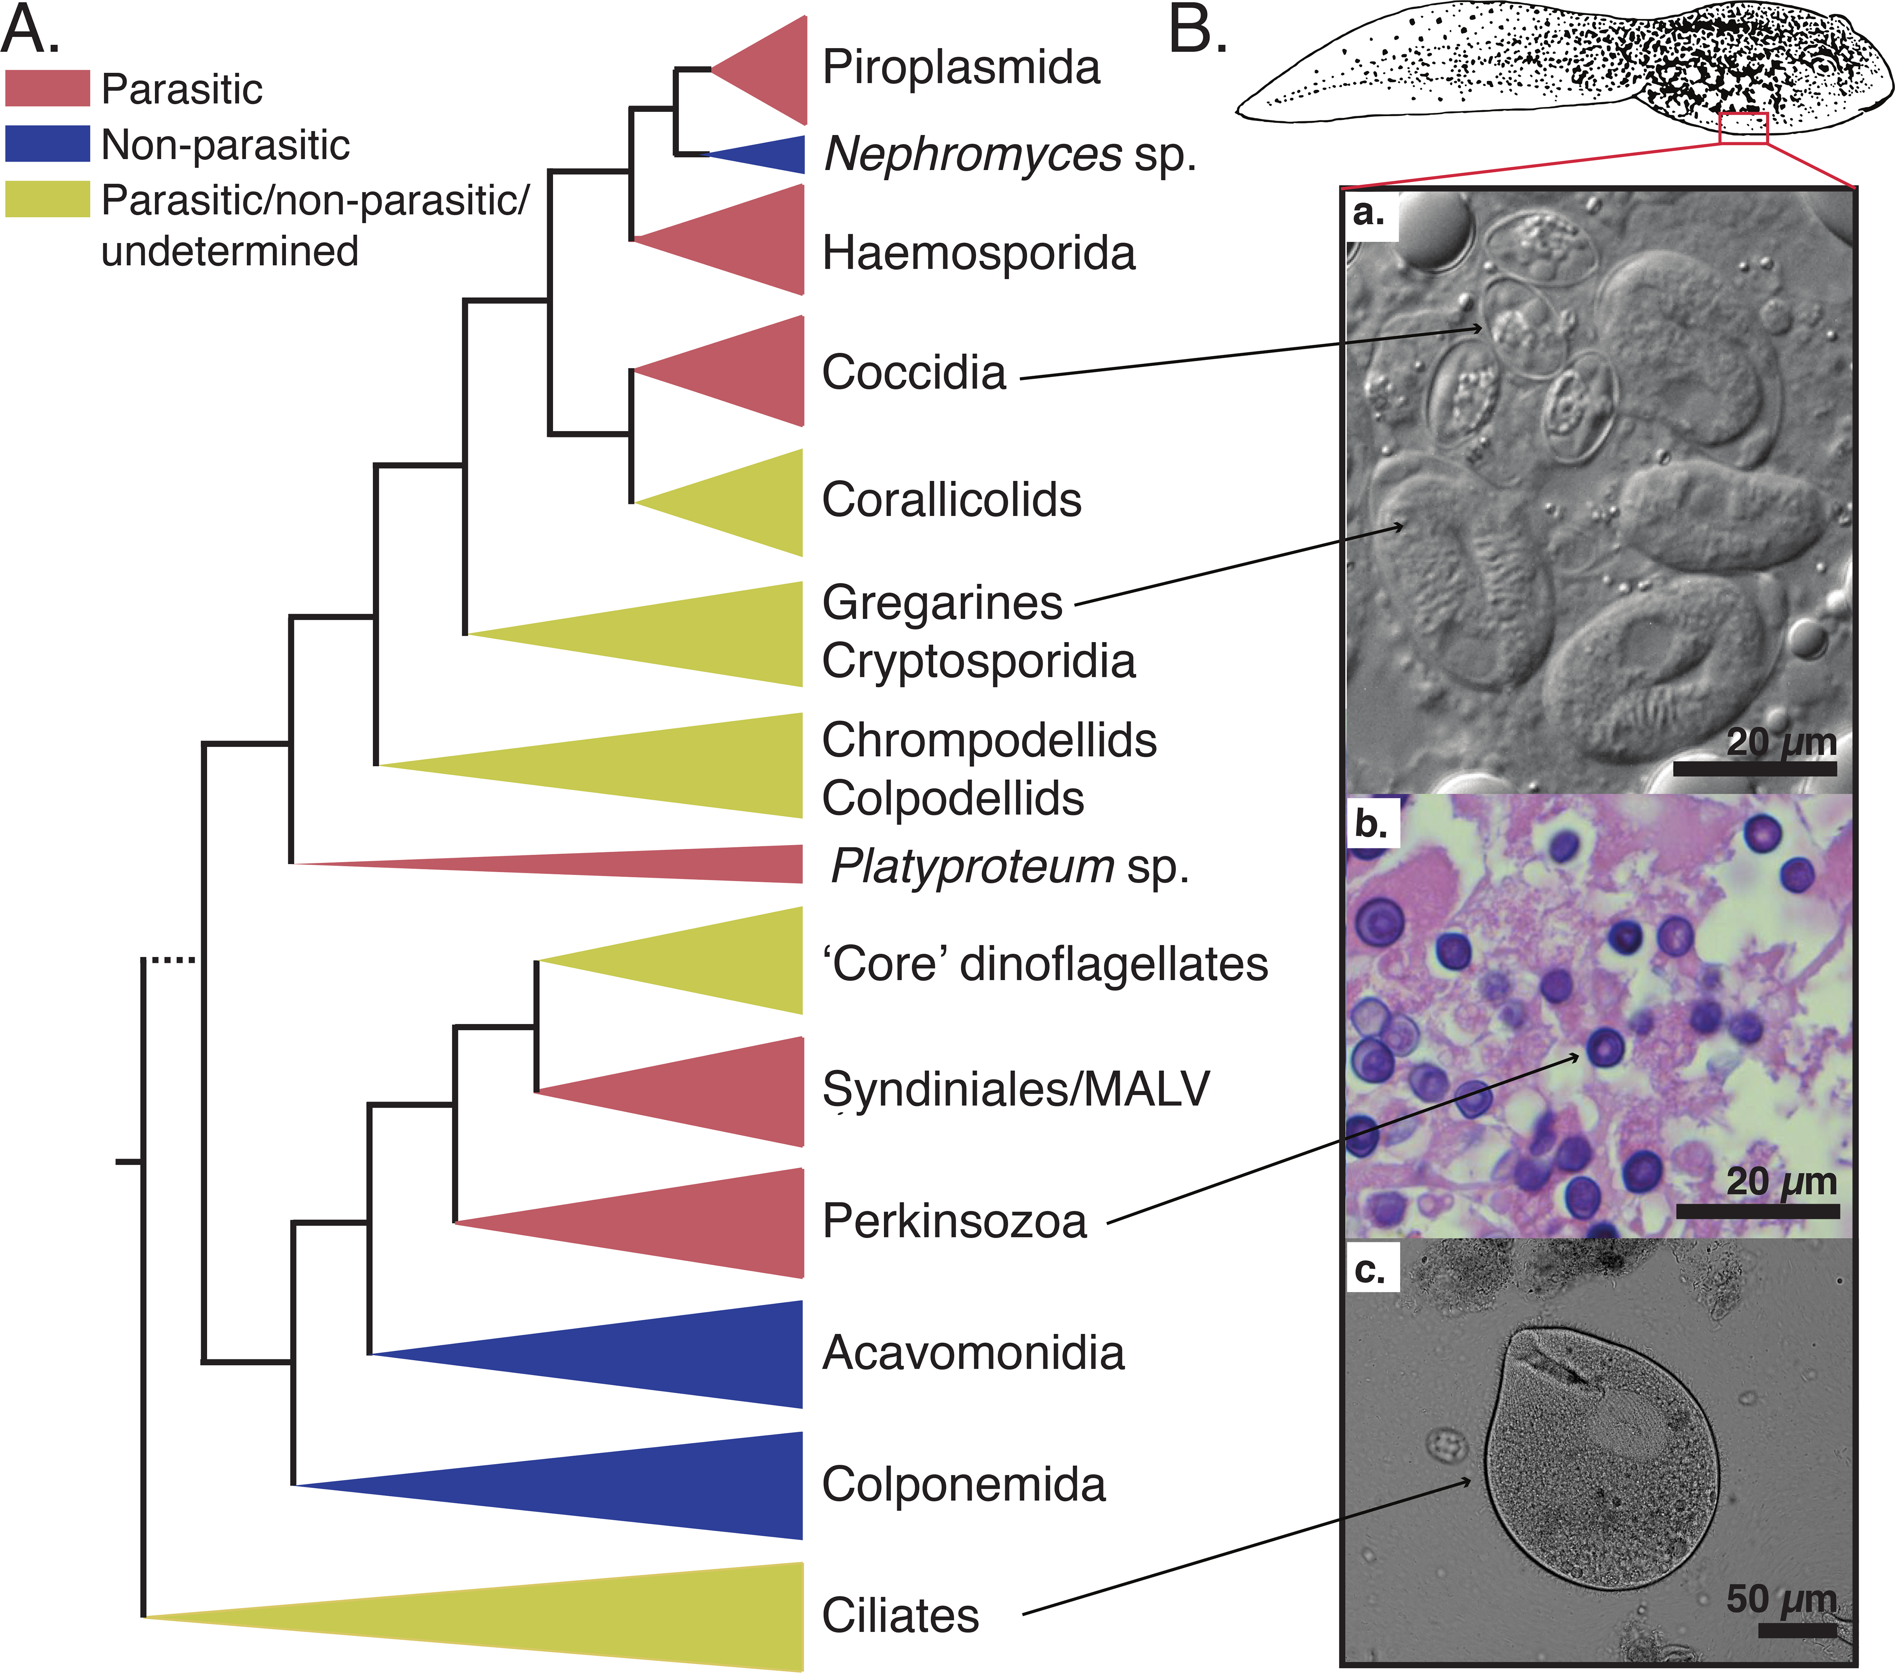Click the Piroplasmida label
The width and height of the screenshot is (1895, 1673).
[x=960, y=68]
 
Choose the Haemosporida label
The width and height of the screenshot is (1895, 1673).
[x=978, y=253]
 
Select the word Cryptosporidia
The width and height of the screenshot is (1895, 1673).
[x=978, y=661]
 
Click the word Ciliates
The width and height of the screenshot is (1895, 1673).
[x=900, y=1616]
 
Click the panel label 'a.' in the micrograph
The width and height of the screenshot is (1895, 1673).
[x=1369, y=213]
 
